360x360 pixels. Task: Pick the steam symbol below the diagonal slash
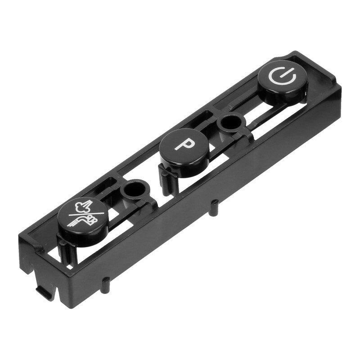coord(90,220)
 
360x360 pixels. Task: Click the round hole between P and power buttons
coord(230,121)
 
